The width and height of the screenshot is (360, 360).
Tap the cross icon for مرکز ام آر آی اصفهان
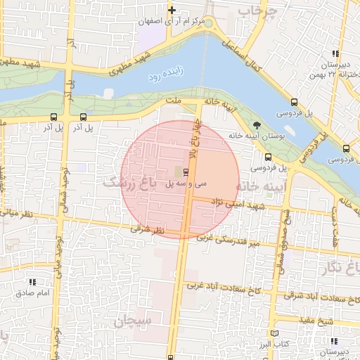coord(171,9)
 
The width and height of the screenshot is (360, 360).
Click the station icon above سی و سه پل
coord(186,172)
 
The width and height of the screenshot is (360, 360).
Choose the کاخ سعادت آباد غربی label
coord(217,287)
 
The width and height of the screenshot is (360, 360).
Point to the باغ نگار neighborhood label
coord(344,266)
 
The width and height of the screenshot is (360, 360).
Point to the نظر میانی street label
coord(15,212)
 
